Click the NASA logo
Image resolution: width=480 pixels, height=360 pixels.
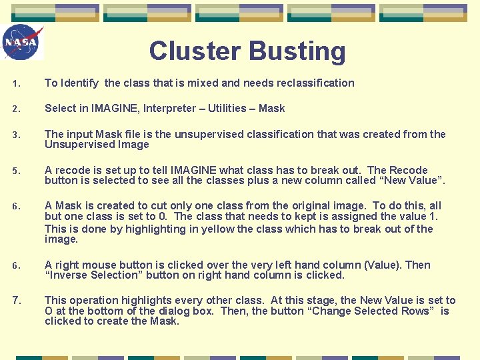point(22,42)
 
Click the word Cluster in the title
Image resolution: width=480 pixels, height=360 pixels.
point(195,51)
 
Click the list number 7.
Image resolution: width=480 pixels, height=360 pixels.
point(17,301)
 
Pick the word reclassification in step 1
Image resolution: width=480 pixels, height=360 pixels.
point(311,83)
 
